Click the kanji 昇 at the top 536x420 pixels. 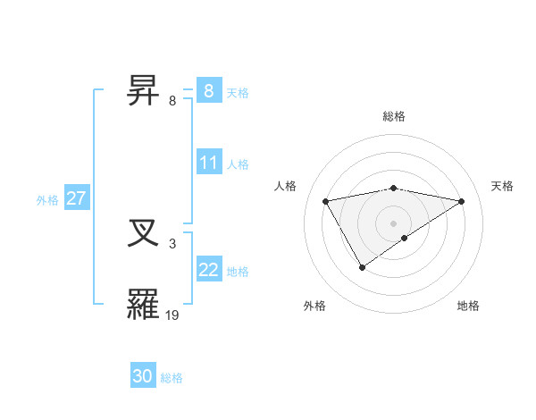pyautogui.click(x=144, y=90)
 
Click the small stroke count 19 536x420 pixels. pyautogui.click(x=172, y=315)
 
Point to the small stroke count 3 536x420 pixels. pyautogui.click(x=172, y=243)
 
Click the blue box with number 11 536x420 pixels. pyautogui.click(x=209, y=163)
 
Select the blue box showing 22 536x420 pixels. pyautogui.click(x=209, y=270)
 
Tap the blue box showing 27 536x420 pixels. pyautogui.click(x=76, y=198)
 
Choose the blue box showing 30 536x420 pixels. pyautogui.click(x=143, y=376)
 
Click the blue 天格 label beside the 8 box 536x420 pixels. pyautogui.click(x=238, y=92)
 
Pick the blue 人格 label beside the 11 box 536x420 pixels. pyautogui.click(x=238, y=164)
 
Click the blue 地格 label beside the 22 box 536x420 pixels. pyautogui.click(x=238, y=272)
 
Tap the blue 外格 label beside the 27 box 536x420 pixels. pyautogui.click(x=47, y=200)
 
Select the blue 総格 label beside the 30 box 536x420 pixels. pyautogui.click(x=172, y=378)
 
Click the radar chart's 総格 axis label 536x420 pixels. pyautogui.click(x=394, y=116)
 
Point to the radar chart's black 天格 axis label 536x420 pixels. pyautogui.click(x=502, y=186)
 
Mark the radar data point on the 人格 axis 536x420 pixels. pyautogui.click(x=326, y=201)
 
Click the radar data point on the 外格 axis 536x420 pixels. pyautogui.click(x=362, y=266)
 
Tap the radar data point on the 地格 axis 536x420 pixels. pyautogui.click(x=405, y=238)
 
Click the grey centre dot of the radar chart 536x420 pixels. pyautogui.click(x=394, y=223)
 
